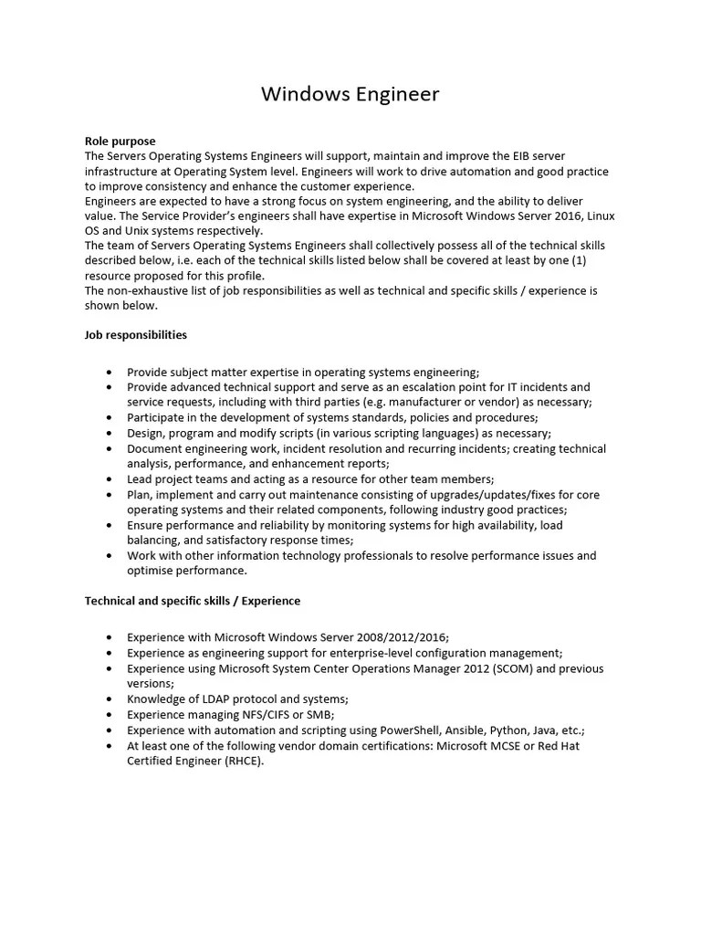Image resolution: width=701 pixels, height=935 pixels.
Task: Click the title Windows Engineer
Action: [x=350, y=94]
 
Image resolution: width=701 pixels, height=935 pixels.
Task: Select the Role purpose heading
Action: [x=120, y=142]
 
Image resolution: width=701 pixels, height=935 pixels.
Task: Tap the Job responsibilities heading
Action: [x=135, y=335]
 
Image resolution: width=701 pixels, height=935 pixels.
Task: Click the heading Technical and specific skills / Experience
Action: [x=193, y=601]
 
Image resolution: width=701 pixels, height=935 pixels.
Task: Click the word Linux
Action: [x=597, y=215]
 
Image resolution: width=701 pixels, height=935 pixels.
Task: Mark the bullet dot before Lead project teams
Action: [x=110, y=479]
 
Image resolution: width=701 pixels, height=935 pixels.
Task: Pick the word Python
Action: [x=509, y=730]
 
